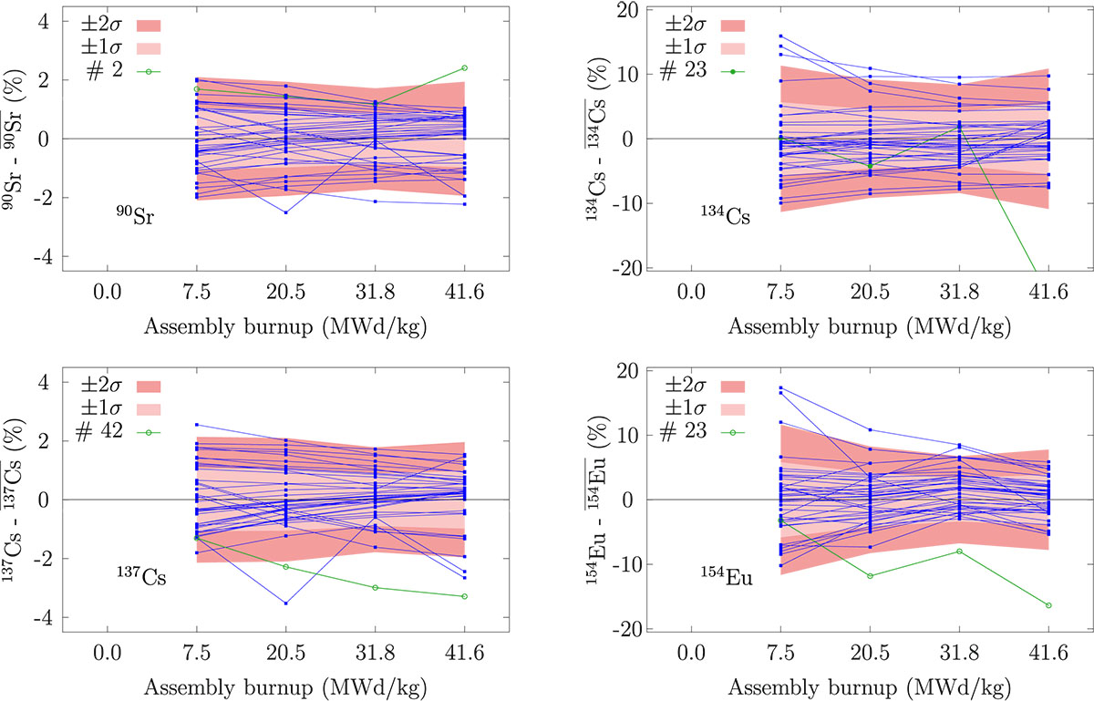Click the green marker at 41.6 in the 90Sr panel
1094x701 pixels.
(x=464, y=67)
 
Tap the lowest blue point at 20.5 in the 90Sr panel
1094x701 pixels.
(x=286, y=212)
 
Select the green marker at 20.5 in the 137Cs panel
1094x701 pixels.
(x=286, y=567)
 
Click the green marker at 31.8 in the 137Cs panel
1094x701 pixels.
(x=376, y=588)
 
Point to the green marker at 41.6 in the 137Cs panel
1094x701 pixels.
(x=464, y=596)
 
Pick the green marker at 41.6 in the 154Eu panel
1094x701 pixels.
(x=1048, y=605)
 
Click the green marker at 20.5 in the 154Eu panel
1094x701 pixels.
(x=870, y=576)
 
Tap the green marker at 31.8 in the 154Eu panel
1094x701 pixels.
(x=959, y=551)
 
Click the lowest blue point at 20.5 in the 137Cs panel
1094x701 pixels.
(x=286, y=603)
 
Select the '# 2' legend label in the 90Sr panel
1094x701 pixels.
(x=105, y=70)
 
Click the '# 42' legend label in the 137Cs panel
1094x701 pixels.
(x=99, y=431)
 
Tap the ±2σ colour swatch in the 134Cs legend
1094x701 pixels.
(x=733, y=26)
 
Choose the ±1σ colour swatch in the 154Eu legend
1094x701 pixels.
(x=733, y=409)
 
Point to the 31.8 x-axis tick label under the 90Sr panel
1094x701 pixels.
(x=375, y=292)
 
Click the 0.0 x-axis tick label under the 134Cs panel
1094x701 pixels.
(x=691, y=292)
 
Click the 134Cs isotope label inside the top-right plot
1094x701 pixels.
(x=726, y=215)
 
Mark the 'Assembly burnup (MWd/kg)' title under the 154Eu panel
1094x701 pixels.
(x=870, y=687)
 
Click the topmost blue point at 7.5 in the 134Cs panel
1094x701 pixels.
(x=781, y=36)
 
